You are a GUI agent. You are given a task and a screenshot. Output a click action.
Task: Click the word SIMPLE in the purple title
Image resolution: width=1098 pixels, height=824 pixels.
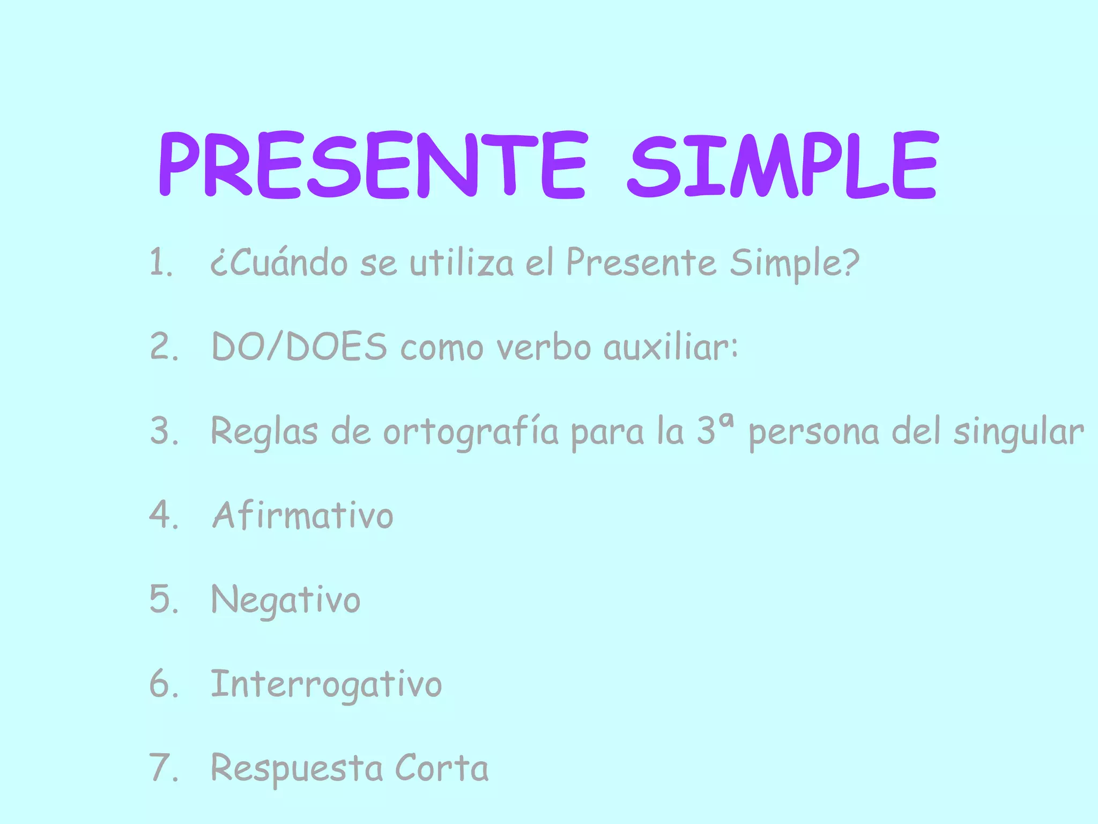coord(783,164)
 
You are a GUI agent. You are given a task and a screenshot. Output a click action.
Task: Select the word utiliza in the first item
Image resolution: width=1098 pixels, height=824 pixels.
coord(462,263)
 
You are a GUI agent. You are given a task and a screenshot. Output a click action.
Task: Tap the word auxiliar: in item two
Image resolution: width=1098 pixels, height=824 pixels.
coord(671,347)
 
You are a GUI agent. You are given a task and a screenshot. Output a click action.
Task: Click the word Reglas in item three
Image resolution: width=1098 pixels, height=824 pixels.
coord(264,432)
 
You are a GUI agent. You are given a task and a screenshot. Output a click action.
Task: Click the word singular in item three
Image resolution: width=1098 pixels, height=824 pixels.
coord(1019,432)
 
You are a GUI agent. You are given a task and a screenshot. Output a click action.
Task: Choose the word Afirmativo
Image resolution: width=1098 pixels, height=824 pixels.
coord(303,516)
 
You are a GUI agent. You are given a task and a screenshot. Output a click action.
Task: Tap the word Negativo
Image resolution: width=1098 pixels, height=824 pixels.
coord(286,600)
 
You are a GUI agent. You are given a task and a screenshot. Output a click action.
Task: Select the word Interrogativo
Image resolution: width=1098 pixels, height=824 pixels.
coord(326,685)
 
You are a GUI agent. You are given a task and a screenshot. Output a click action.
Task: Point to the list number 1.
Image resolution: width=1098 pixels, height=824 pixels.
coord(160,263)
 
